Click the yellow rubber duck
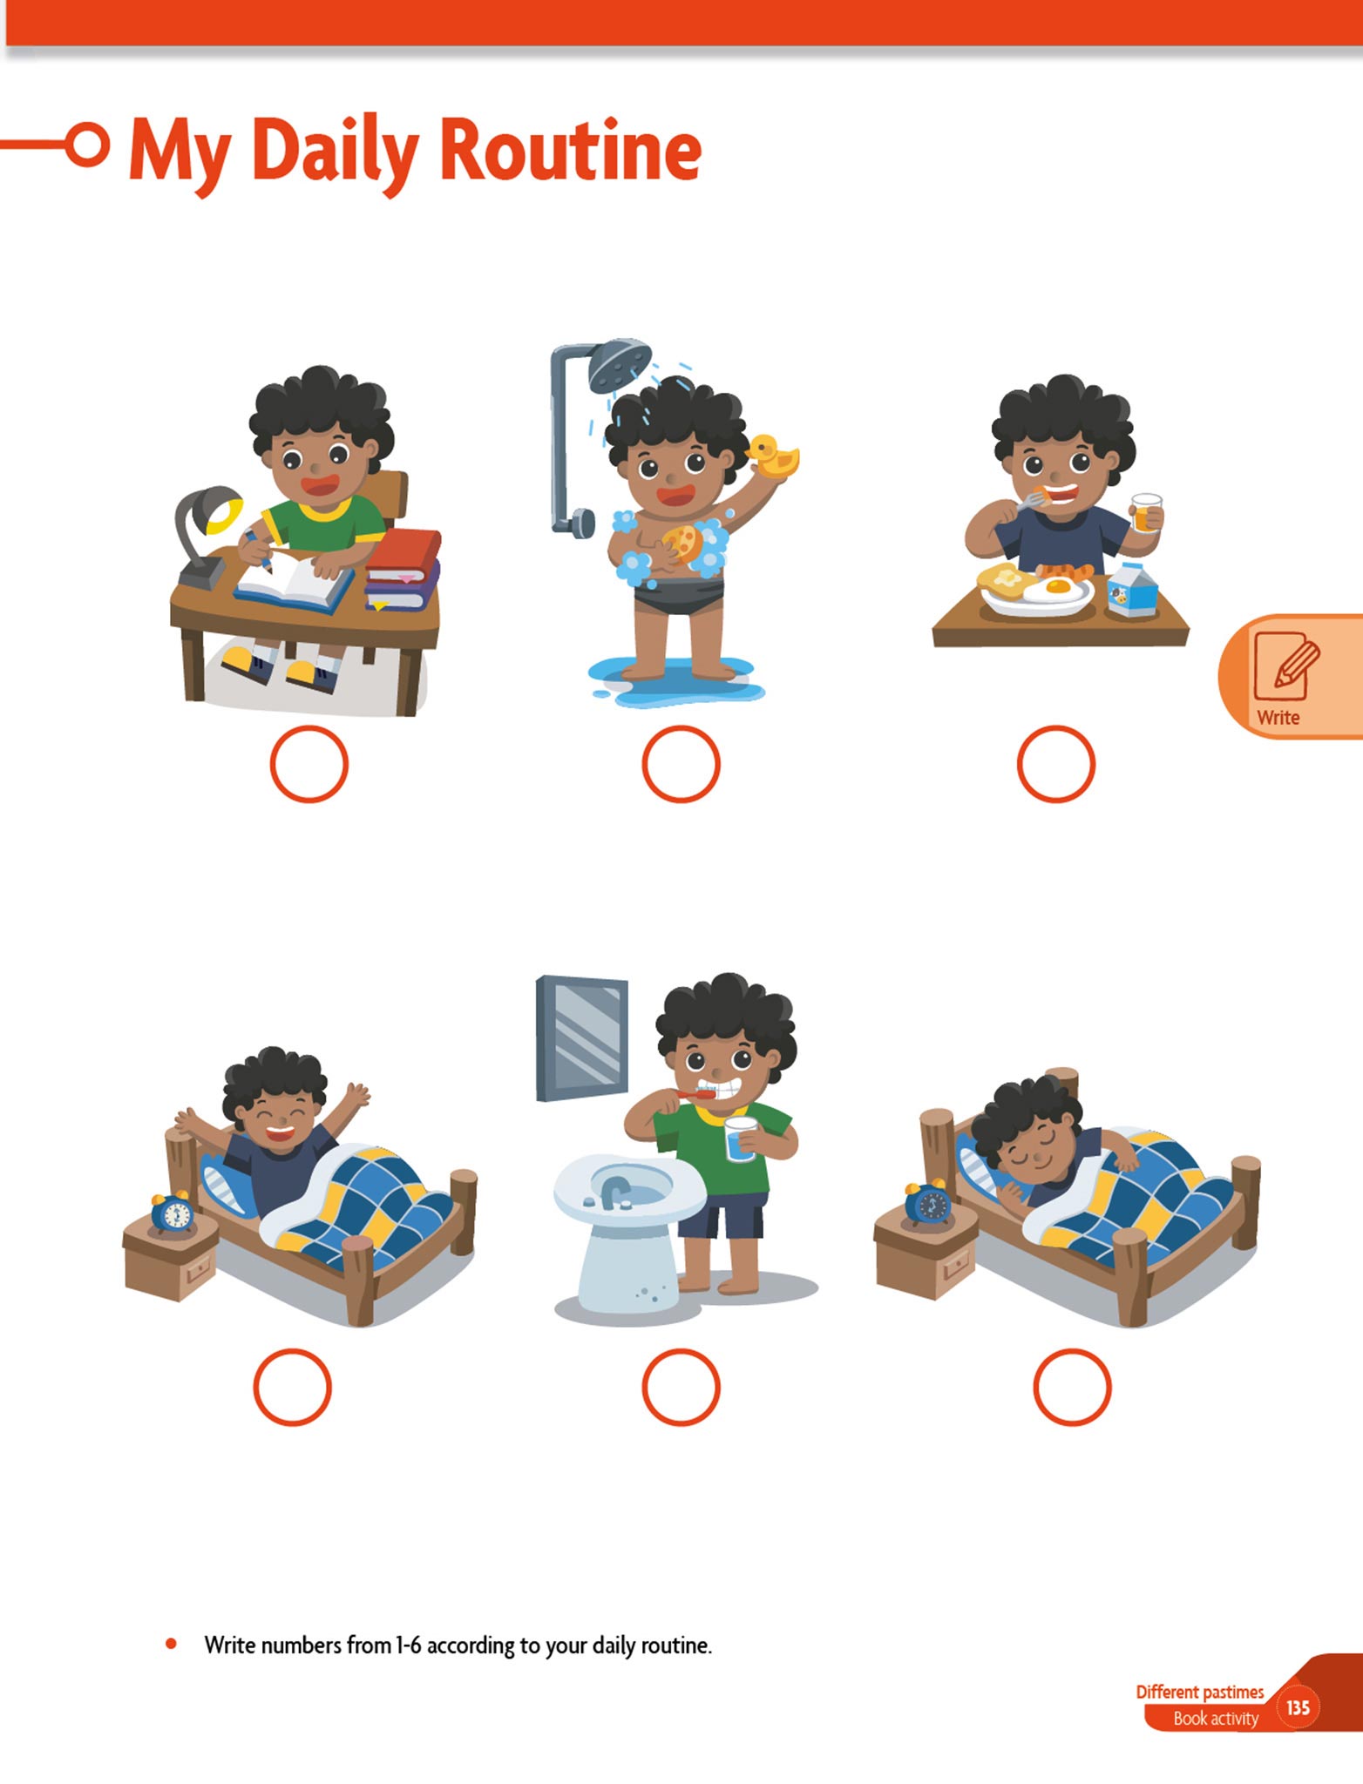773,456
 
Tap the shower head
620,364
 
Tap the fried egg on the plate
1057,590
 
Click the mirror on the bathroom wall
581,1037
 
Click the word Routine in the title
571,150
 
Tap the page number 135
1298,1707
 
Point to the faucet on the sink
614,1189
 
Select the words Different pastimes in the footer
1199,1692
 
